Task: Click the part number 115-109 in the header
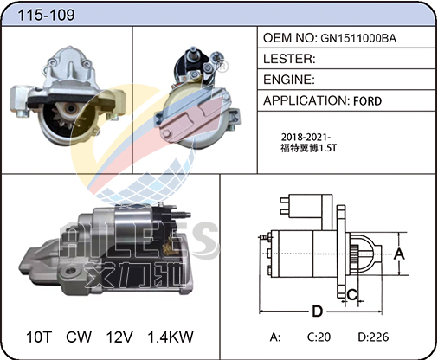46,15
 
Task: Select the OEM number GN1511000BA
358,38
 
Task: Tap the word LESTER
287,59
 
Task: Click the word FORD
367,101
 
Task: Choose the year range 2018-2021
306,137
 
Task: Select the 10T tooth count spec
39,337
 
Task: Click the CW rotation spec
79,337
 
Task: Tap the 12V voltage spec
119,337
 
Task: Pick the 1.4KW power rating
171,337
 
